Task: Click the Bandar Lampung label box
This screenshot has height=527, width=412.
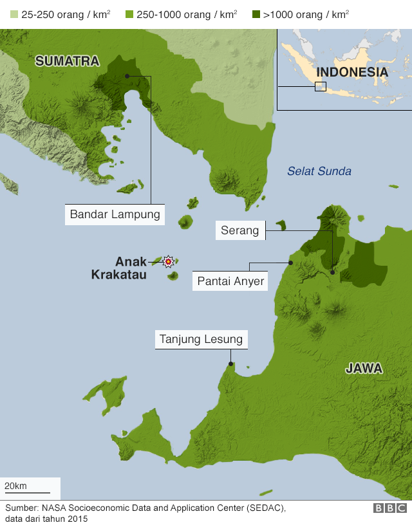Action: [x=115, y=215]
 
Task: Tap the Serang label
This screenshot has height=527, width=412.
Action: [x=239, y=230]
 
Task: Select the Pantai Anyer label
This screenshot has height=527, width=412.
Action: [x=230, y=281]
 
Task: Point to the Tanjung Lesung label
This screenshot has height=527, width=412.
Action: [x=201, y=339]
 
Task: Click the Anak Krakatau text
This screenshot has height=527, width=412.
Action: [x=119, y=268]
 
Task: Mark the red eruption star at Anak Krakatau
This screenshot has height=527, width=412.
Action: [x=169, y=261]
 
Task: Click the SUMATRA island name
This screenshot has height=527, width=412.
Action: [x=67, y=61]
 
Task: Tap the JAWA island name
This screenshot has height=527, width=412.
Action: [x=364, y=369]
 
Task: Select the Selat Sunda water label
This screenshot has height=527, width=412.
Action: [x=319, y=171]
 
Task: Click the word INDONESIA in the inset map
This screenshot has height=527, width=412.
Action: [x=352, y=72]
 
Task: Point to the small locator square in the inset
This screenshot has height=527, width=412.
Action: [x=320, y=87]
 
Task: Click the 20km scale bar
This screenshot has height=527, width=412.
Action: [x=27, y=493]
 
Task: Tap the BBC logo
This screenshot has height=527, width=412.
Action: [x=389, y=508]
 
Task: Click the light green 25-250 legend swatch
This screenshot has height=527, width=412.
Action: [x=11, y=14]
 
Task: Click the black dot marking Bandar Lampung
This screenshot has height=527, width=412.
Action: [x=127, y=76]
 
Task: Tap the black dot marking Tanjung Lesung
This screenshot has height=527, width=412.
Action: [x=230, y=364]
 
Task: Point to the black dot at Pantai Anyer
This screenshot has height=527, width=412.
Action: [x=290, y=263]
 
